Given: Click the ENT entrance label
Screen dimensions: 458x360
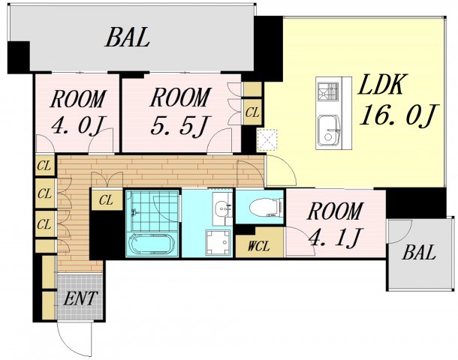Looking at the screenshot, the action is [80, 298].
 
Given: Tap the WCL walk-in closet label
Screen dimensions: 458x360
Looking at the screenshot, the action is [258, 247].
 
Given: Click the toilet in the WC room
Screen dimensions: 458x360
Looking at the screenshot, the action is [267, 208].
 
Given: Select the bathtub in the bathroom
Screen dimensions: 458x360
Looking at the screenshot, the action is [152, 244].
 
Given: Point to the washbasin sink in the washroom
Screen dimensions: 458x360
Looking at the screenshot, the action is [221, 208].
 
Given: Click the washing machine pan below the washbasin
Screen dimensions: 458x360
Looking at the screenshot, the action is [218, 243].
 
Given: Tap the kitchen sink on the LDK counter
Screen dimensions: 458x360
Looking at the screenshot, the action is [329, 130].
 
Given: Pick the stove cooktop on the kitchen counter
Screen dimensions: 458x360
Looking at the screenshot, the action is [327, 91].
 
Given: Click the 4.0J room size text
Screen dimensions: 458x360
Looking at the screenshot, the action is [77, 126].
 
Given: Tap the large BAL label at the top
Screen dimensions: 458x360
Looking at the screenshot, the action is [128, 37].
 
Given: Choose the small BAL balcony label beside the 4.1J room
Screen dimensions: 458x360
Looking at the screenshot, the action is [419, 253].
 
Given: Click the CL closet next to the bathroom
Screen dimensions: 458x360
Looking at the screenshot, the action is [106, 200].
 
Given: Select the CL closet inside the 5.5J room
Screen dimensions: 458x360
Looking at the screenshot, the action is [252, 112].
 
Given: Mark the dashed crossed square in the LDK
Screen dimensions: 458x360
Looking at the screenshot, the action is [267, 139].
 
